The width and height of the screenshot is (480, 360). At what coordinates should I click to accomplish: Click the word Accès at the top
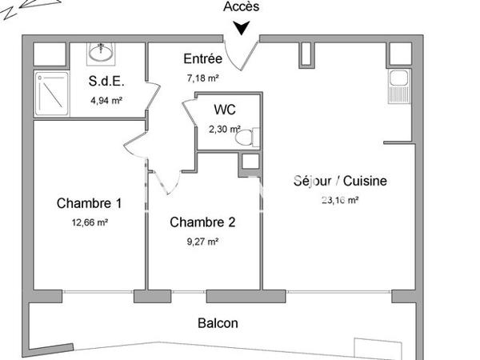tap(242, 7)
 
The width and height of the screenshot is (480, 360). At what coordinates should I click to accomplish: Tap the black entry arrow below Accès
tap(242, 29)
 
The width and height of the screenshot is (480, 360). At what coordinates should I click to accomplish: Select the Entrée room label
tap(202, 58)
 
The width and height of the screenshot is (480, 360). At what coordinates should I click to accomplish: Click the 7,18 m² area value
tap(202, 78)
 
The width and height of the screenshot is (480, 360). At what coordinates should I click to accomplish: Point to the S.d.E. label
tap(106, 81)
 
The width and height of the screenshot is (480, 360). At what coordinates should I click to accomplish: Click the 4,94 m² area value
tap(106, 101)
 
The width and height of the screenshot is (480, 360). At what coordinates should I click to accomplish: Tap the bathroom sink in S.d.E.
tap(102, 53)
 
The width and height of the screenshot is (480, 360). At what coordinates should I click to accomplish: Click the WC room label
tap(225, 110)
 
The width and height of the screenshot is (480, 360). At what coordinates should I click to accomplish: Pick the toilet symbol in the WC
tap(247, 137)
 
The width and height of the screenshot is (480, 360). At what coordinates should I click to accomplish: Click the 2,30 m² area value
tap(224, 129)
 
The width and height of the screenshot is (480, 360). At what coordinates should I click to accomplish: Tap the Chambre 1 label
tap(90, 203)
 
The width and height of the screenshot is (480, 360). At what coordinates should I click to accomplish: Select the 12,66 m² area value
tap(90, 223)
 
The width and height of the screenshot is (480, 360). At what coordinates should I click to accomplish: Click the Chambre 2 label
tap(202, 222)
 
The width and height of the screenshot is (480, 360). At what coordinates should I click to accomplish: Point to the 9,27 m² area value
tap(202, 240)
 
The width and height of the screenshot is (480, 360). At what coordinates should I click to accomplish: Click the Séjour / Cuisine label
tap(340, 181)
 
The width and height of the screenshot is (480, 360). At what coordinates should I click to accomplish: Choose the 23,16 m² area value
tap(340, 200)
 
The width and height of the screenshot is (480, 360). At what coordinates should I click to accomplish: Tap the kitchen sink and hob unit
tap(398, 86)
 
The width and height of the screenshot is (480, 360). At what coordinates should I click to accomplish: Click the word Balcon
tap(218, 323)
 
